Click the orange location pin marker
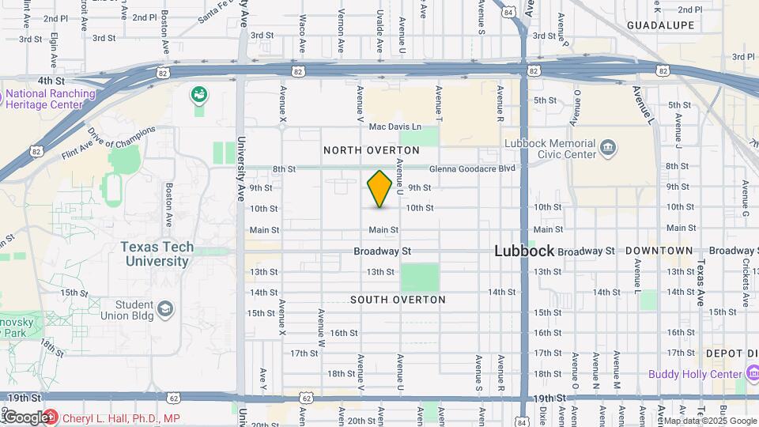click(x=379, y=189)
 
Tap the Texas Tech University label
click(x=157, y=254)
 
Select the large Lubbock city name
click(x=523, y=251)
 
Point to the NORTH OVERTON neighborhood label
click(x=371, y=150)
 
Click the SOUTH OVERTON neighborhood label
click(x=398, y=300)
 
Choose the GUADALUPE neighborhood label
click(x=660, y=25)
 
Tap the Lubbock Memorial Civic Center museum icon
click(x=607, y=148)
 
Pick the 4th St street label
click(x=50, y=80)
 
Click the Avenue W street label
click(x=322, y=327)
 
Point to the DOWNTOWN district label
click(x=659, y=251)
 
